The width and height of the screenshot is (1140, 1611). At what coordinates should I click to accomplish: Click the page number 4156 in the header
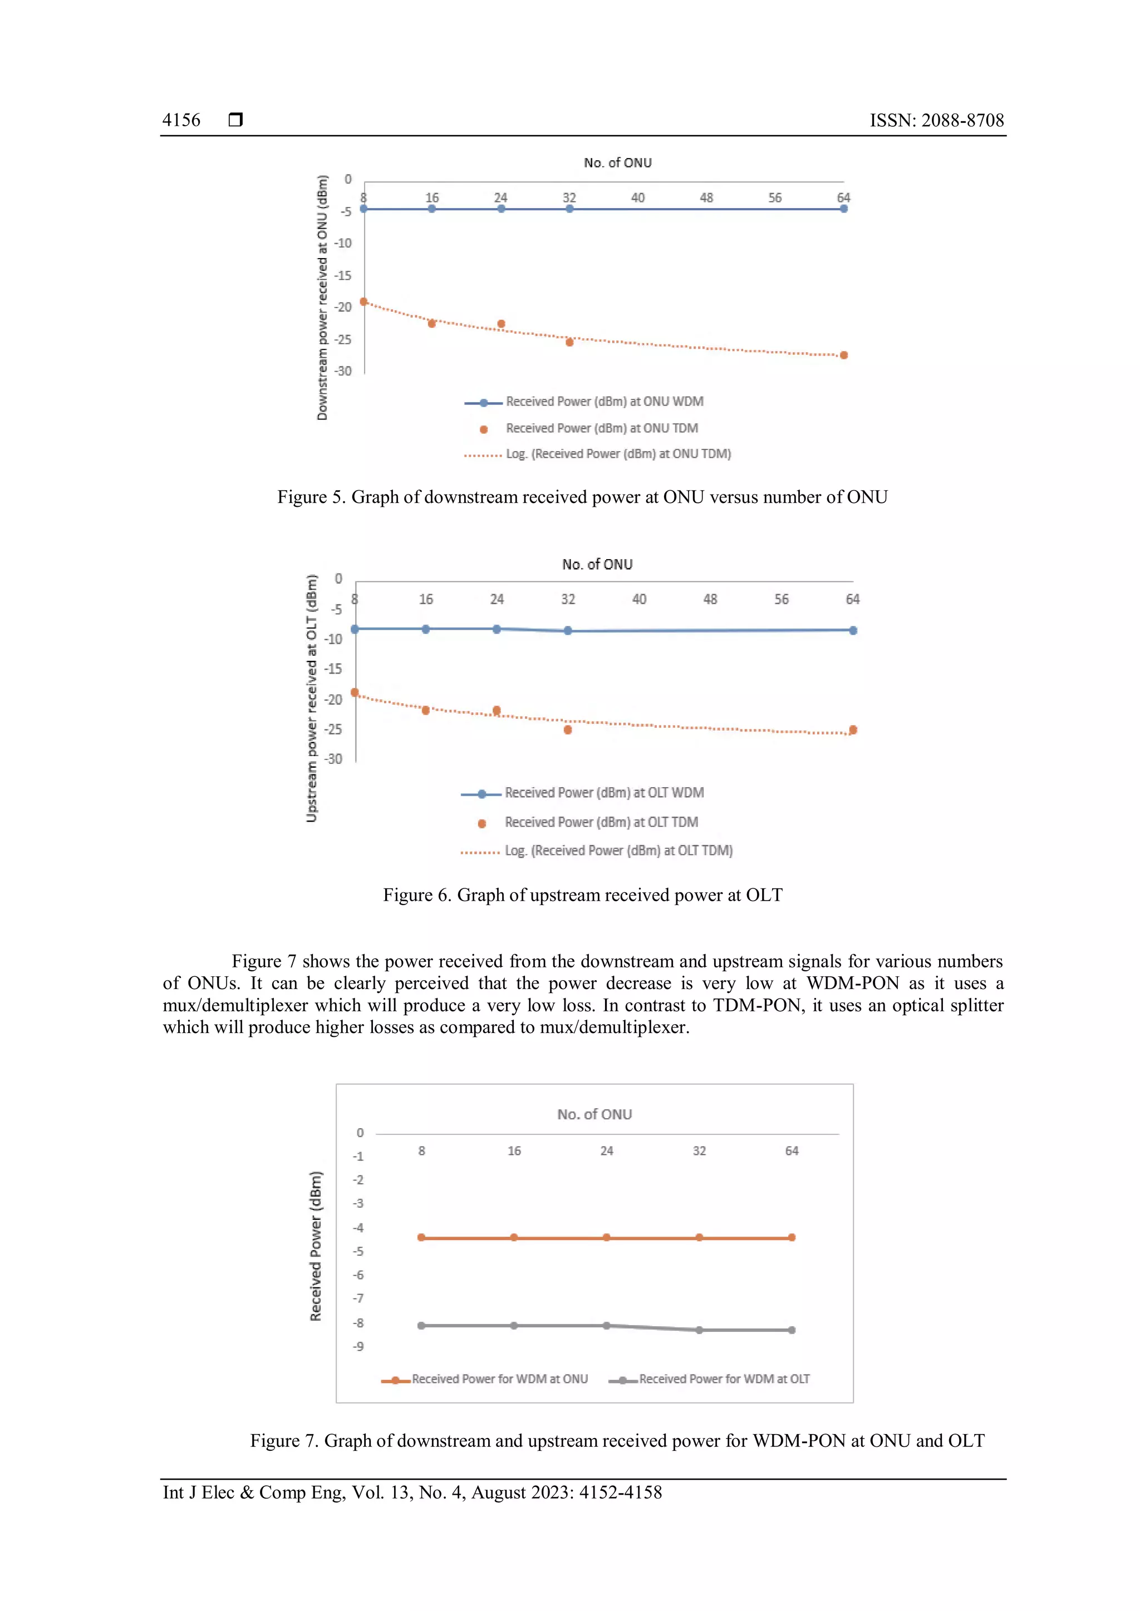click(181, 120)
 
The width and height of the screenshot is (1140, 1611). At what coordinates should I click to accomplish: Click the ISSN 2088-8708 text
click(936, 120)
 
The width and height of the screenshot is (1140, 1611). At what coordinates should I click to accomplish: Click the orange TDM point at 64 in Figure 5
click(844, 355)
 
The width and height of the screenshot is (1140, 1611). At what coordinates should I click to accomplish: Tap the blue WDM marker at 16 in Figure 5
click(432, 209)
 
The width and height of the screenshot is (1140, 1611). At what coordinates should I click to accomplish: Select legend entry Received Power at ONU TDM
click(602, 428)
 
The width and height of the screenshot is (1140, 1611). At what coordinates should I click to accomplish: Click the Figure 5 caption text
click(582, 497)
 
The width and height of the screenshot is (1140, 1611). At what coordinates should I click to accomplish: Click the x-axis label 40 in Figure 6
click(639, 599)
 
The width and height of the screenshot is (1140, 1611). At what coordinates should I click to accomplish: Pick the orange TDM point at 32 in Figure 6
click(568, 730)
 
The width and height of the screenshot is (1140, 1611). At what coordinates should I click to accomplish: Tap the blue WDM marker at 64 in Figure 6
click(853, 630)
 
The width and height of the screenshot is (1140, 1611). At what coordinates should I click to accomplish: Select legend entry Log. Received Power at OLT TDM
click(618, 851)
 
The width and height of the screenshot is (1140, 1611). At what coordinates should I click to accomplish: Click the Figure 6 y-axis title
click(312, 698)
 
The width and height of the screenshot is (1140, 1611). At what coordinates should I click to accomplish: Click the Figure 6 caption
click(582, 895)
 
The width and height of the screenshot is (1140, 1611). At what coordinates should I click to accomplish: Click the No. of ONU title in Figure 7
click(594, 1114)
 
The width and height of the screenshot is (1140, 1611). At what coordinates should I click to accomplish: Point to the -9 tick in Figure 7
click(358, 1346)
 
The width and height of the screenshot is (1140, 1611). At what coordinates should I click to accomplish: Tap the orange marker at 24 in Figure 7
click(607, 1237)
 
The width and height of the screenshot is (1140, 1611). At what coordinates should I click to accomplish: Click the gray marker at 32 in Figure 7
click(699, 1330)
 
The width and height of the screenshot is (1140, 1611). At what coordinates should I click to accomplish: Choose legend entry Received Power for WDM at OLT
click(723, 1379)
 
